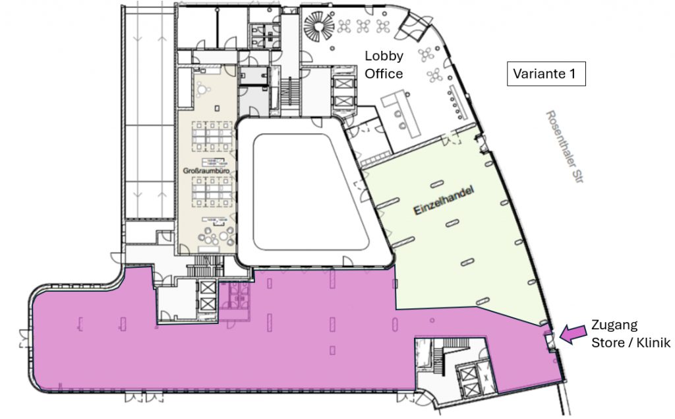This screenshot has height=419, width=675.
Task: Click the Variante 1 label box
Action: pyautogui.click(x=546, y=74)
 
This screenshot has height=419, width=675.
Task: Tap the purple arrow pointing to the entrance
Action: pyautogui.click(x=573, y=333)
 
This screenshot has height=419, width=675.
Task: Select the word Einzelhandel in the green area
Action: pyautogui.click(x=444, y=200)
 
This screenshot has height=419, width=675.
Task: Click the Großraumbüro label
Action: pyautogui.click(x=206, y=171)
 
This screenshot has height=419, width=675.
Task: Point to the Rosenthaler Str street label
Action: pyautogui.click(x=564, y=146)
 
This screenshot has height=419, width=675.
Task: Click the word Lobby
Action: pyautogui.click(x=384, y=56)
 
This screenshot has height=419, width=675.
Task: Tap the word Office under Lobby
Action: pyautogui.click(x=384, y=74)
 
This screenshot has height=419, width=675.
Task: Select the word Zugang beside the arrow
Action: pyautogui.click(x=614, y=325)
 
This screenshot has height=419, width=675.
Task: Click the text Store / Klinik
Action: pyautogui.click(x=631, y=342)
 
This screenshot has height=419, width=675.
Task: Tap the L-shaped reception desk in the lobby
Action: pyautogui.click(x=400, y=113)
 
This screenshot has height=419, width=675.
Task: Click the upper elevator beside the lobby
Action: pyautogui.click(x=343, y=83)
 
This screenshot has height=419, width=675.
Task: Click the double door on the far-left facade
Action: pyautogui.click(x=24, y=338)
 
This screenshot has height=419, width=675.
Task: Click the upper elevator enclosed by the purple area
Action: pyautogui.click(x=208, y=288)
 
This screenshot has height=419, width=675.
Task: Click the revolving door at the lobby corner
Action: pyautogui.click(x=413, y=26)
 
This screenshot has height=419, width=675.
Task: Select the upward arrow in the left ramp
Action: pyautogui.click(x=162, y=41)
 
